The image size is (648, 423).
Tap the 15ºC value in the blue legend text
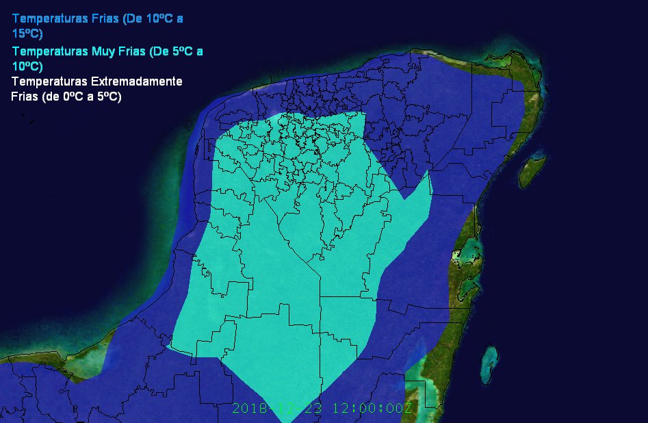tap(27, 33)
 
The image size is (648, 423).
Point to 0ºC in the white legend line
tap(73, 97)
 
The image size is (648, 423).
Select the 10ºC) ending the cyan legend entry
tap(27, 66)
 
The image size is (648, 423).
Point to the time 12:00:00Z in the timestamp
tap(372, 409)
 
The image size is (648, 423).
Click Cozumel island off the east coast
tap(532, 169)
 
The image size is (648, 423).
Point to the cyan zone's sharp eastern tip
tap(429, 172)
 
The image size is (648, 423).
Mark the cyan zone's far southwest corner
tap(168, 346)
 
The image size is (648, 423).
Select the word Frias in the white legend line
tap(25, 97)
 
